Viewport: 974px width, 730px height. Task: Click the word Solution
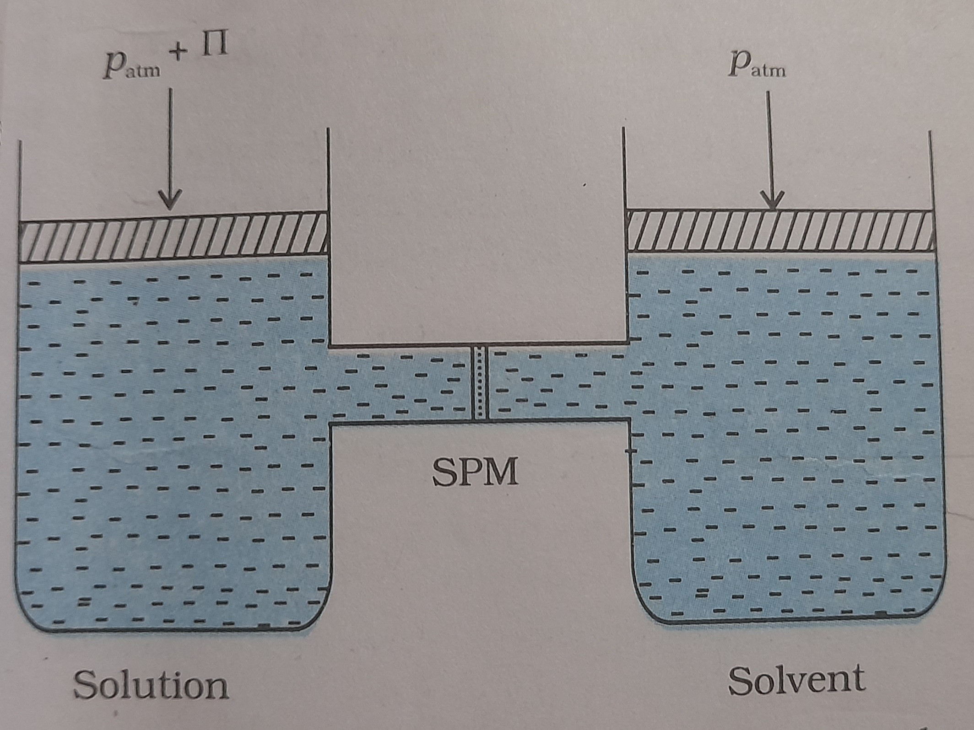(x=151, y=685)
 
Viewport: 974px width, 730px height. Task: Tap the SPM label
(x=476, y=472)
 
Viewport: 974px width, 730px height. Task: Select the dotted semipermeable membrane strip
(x=480, y=382)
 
